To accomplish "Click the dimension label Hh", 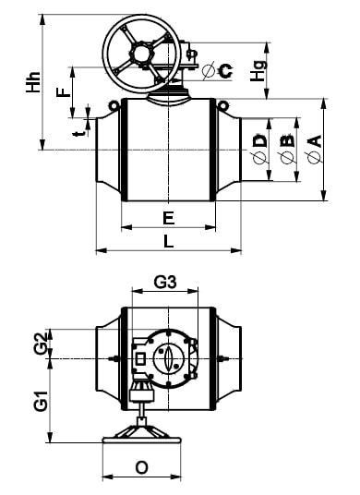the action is (33, 82).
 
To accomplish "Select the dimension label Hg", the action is (258, 71).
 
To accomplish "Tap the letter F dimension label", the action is (64, 92).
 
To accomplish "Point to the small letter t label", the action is (78, 133).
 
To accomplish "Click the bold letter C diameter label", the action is (226, 71).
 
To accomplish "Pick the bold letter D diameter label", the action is (260, 140).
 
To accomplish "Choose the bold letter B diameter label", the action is (287, 141).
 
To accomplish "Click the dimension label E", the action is (169, 218).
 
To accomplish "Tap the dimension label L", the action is (169, 242).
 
